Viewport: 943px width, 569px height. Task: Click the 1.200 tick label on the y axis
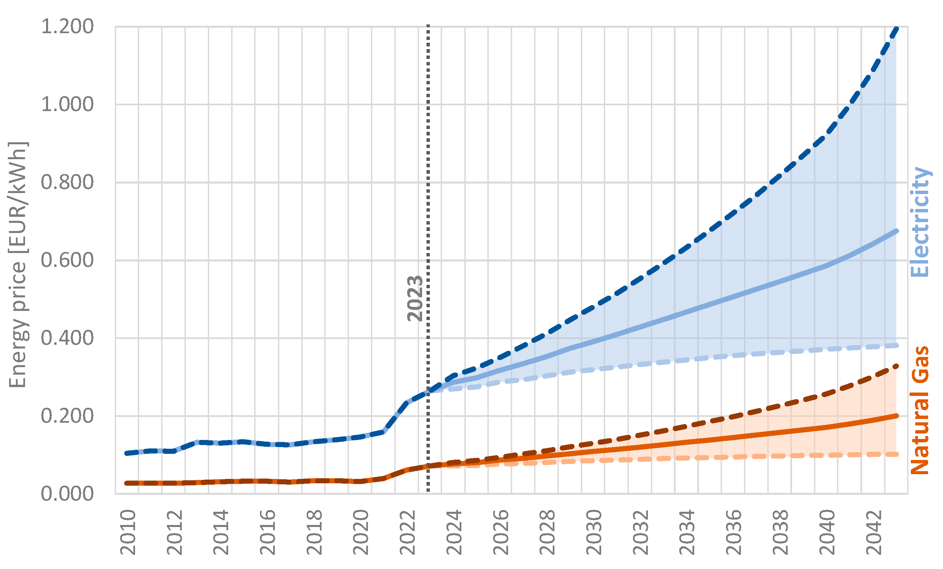tap(67, 27)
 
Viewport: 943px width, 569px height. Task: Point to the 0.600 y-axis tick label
tap(67, 260)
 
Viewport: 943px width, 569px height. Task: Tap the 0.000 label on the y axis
tap(67, 493)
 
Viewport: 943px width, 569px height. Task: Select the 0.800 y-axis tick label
tap(67, 182)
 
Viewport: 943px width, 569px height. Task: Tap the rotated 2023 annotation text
tap(415, 298)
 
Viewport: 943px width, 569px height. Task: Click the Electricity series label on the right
tap(920, 222)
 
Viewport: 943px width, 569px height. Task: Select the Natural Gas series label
tap(920, 410)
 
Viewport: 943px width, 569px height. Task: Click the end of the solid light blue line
tap(897, 231)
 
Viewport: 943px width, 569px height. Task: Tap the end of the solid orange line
tap(897, 416)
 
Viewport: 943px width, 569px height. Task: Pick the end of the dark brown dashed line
tap(897, 366)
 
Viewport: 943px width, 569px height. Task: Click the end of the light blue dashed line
tap(897, 345)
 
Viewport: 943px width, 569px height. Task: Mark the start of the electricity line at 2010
tap(127, 454)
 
